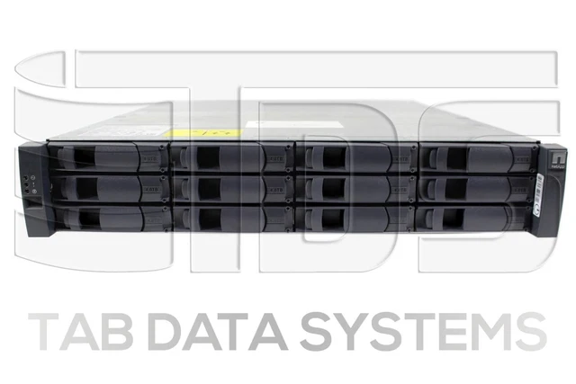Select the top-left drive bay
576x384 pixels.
click(106, 158)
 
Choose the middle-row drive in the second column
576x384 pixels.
click(229, 188)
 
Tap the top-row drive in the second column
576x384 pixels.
click(229, 158)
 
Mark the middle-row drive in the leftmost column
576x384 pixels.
click(106, 188)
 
